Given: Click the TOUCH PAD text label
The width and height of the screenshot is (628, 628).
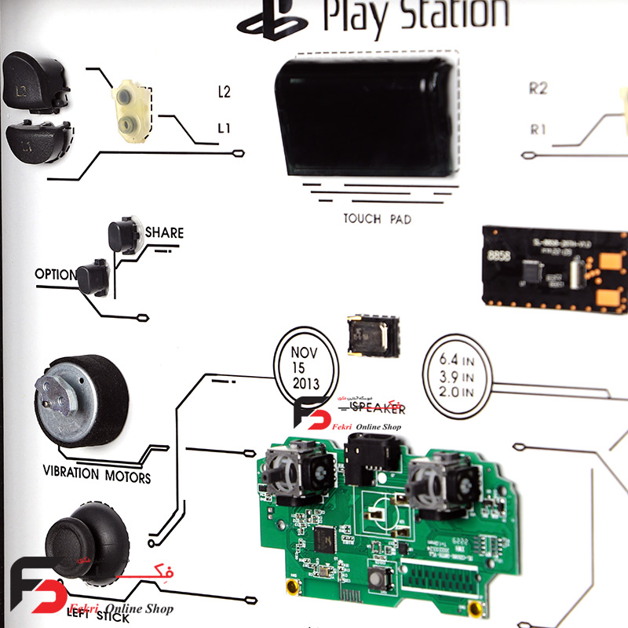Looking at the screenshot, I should pos(377,219).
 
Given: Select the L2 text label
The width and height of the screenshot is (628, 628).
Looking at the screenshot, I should pos(224,92).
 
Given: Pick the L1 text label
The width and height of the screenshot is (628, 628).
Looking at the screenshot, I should pos(224,127).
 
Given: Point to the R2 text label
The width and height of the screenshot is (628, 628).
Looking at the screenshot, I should pos(538,89).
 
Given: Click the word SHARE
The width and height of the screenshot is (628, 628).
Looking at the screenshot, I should pos(164,233).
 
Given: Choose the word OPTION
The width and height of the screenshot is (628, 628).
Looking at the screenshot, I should pos(55,275).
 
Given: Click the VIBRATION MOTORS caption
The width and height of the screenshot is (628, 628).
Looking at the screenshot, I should pos(97,475).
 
